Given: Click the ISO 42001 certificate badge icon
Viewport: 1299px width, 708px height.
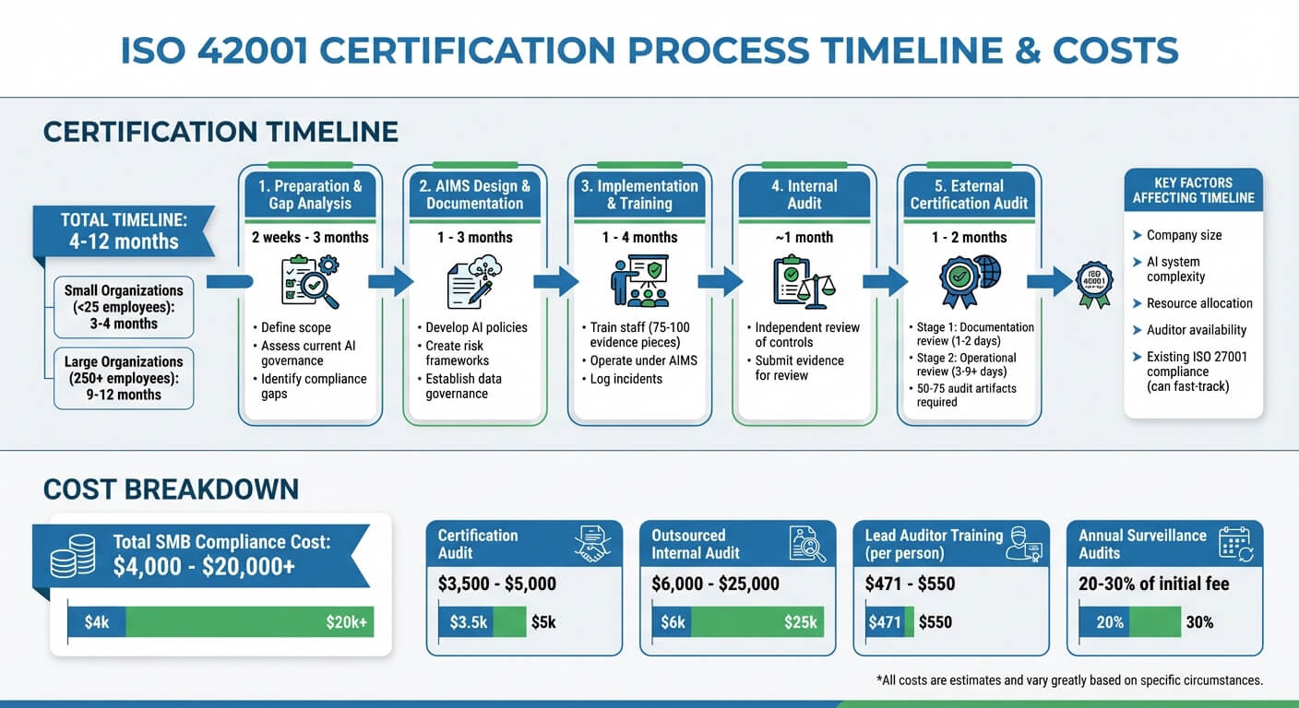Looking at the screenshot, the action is (x=1095, y=281).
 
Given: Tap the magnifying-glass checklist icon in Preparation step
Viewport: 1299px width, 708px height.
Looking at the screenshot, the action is (x=309, y=281).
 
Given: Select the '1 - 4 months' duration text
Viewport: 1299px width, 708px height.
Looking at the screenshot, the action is (x=639, y=237).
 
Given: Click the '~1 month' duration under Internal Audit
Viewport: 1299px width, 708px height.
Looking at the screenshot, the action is (x=804, y=237).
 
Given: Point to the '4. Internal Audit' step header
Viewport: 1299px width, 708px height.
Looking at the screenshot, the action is (x=804, y=195).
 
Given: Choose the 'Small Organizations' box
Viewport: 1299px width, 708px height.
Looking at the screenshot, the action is (x=124, y=307).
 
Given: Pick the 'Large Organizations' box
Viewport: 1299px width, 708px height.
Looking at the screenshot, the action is (x=124, y=378).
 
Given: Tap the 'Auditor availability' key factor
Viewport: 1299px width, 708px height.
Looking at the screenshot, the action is (x=1196, y=330).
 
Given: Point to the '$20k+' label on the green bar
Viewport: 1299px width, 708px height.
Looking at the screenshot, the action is (x=346, y=622).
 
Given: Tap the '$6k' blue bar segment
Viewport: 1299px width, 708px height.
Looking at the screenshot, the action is (x=673, y=622).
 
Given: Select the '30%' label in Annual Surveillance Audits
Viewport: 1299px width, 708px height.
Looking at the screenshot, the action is (x=1199, y=622).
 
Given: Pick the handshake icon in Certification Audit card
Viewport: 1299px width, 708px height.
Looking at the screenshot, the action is (x=592, y=544).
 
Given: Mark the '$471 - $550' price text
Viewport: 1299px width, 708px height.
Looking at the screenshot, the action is (x=910, y=584).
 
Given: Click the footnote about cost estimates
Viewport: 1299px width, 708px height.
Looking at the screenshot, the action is (x=1068, y=680).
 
